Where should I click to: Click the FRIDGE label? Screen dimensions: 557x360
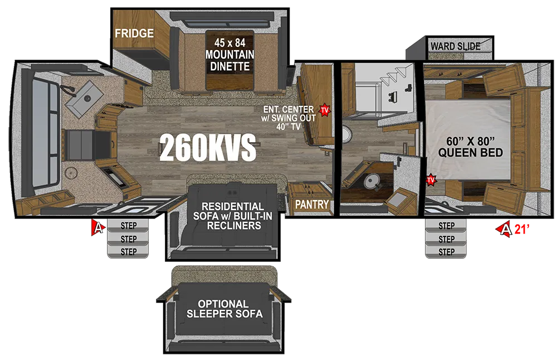(x=134, y=33)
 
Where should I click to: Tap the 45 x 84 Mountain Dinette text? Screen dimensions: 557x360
(x=230, y=55)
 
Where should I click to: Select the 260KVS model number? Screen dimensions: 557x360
(x=207, y=148)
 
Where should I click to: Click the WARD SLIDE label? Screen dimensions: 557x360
(x=456, y=46)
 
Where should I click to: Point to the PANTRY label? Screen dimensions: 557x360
(x=312, y=205)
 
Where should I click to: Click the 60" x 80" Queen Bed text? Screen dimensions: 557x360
(x=470, y=147)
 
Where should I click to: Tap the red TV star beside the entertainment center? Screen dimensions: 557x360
(x=325, y=110)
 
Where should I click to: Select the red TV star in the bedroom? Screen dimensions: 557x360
(x=431, y=180)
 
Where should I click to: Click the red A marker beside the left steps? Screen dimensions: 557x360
(x=97, y=227)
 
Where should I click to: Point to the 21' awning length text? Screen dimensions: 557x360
(x=521, y=229)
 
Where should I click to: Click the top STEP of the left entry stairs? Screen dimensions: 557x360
(x=128, y=226)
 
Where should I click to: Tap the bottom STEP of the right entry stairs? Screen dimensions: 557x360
(x=446, y=252)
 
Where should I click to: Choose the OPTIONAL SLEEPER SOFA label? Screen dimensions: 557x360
(x=224, y=309)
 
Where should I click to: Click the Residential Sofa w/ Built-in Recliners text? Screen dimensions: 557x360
(x=232, y=216)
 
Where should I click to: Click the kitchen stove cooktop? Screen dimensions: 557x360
(x=81, y=145)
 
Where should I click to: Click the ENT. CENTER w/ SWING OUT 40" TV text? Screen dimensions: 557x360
(x=288, y=118)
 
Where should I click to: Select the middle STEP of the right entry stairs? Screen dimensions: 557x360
(x=446, y=239)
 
